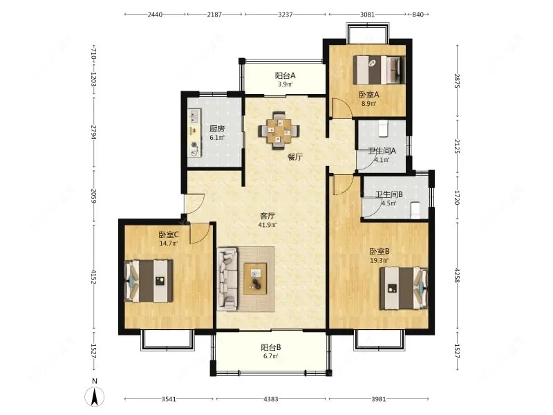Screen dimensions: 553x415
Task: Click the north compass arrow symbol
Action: coord(95,396)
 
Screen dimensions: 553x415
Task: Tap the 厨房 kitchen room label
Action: coord(217,129)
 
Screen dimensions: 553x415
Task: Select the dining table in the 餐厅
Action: coord(279,131)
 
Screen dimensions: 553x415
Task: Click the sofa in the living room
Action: coord(227,279)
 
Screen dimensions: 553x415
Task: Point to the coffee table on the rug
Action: coord(255,279)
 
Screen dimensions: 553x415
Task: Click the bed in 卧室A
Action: coord(379,70)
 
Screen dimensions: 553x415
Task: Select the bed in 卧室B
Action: coord(404,288)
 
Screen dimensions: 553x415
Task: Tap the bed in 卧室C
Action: coord(149,281)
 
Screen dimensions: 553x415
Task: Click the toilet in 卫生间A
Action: coord(383,129)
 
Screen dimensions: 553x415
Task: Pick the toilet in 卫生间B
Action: coord(416,210)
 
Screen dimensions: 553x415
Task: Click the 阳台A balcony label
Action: coord(285,75)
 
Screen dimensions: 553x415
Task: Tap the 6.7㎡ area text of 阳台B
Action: coord(270,356)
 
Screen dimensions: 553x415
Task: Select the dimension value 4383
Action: coord(271,399)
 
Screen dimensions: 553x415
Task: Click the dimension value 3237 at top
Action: coord(285,15)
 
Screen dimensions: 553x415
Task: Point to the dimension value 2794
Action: coord(93,132)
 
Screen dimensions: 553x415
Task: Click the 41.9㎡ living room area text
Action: coord(268,225)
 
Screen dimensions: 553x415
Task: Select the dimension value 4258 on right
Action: coord(457,275)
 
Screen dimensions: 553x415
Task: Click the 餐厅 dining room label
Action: coord(295,157)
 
